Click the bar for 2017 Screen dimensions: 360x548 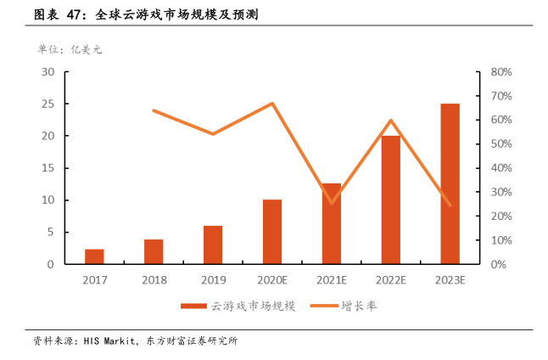tap(94, 256)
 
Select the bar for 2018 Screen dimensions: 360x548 tap(154, 251)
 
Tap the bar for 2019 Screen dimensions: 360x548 tap(213, 245)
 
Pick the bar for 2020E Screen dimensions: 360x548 tap(272, 232)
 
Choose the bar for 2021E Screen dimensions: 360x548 tap(331, 223)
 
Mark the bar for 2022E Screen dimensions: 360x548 tap(390, 200)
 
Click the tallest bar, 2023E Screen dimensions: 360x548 tap(450, 183)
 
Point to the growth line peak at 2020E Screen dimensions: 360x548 tap(272, 104)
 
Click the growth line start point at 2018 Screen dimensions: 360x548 tap(154, 110)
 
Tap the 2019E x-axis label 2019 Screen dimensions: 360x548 tap(213, 279)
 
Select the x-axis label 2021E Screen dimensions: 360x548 tap(331, 279)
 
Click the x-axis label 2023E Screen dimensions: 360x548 tap(450, 279)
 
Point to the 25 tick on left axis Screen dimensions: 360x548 tap(49, 104)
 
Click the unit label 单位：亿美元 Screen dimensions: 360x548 tap(70, 49)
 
